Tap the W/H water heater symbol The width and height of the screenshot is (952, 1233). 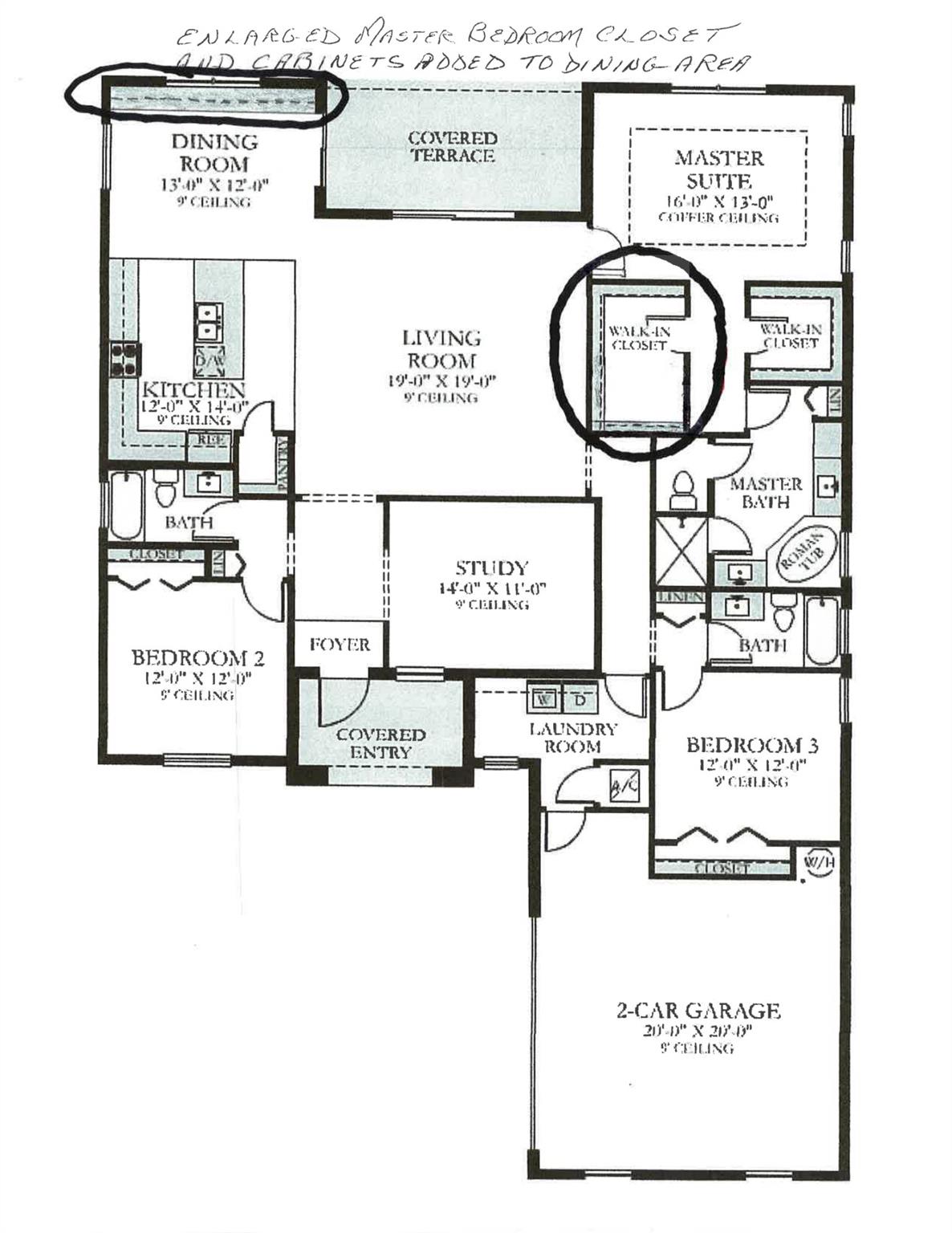(819, 863)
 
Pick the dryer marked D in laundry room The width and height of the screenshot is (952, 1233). (579, 698)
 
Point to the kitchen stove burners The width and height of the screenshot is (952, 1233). (125, 359)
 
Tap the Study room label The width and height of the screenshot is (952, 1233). (491, 568)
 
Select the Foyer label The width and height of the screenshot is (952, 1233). (340, 645)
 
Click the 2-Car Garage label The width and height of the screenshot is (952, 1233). (698, 1010)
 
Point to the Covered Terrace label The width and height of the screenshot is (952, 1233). (452, 147)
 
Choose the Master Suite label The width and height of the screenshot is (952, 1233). (718, 169)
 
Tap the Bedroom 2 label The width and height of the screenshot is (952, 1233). (197, 658)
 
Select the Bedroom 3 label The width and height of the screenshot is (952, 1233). (752, 745)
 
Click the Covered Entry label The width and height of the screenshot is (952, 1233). (380, 743)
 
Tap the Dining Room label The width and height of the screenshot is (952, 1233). (214, 153)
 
